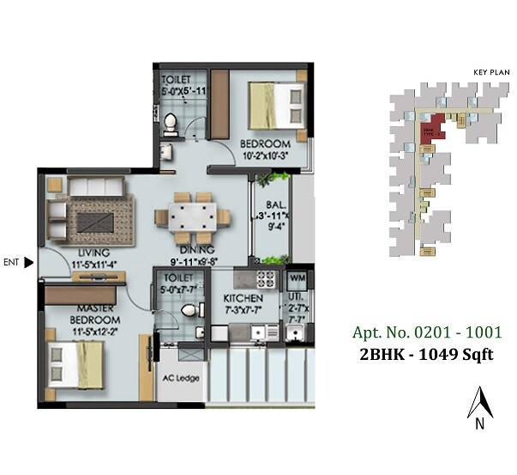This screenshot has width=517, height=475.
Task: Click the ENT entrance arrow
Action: click(x=29, y=263)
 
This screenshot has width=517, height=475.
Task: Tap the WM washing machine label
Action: click(x=297, y=278)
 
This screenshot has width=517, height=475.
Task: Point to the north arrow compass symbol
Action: click(x=479, y=406)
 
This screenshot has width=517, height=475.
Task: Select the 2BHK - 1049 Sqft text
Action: click(x=427, y=355)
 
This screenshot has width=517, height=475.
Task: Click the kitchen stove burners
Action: click(x=265, y=278)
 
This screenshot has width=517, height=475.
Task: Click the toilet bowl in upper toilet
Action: click(x=171, y=125)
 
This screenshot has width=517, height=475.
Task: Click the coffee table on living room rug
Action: click(x=91, y=218)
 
